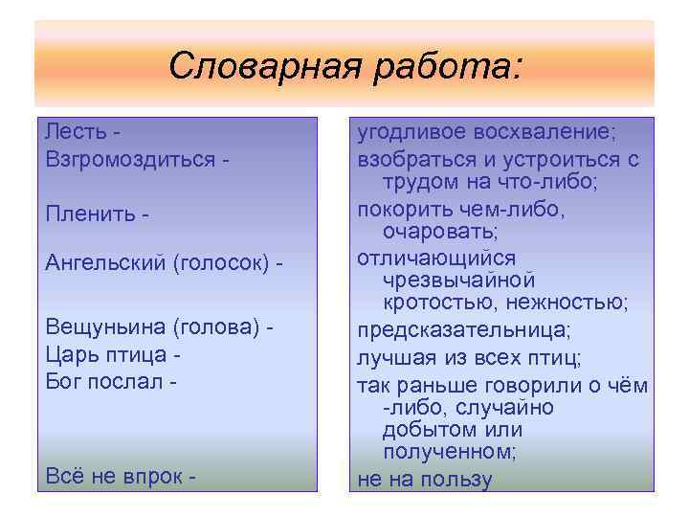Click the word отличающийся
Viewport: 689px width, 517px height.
coord(435,258)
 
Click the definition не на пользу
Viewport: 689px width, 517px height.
coord(424,479)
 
